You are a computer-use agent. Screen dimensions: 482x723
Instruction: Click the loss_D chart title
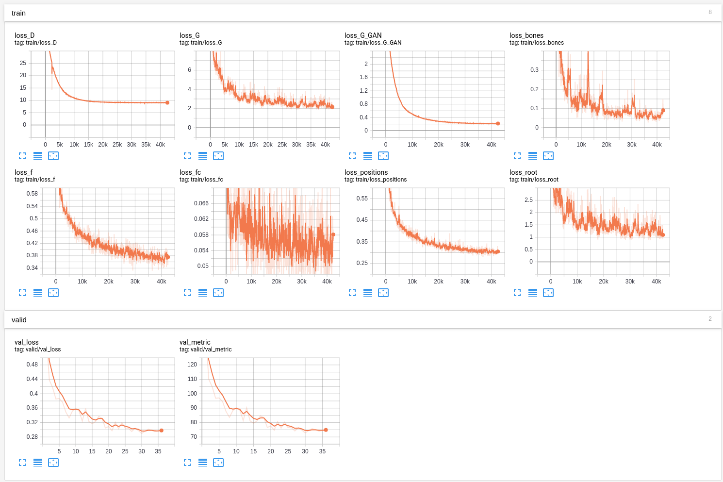click(x=25, y=35)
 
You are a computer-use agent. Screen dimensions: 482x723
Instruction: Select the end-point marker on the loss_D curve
click(x=167, y=102)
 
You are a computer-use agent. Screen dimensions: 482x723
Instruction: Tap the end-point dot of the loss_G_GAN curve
click(x=498, y=124)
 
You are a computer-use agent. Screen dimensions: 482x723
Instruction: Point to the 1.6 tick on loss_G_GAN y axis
click(x=364, y=77)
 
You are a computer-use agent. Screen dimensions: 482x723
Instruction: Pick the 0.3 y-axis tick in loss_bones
click(x=534, y=70)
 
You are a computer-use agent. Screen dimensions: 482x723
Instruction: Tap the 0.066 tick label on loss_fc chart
click(x=201, y=203)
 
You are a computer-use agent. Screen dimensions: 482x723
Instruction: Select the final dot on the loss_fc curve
click(x=333, y=234)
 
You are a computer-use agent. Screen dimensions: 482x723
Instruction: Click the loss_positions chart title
click(x=366, y=172)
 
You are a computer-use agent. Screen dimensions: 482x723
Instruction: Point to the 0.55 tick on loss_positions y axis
click(x=362, y=199)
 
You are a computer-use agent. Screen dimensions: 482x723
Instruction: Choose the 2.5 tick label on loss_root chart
click(x=528, y=200)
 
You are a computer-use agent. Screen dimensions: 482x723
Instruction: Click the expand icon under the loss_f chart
click(x=22, y=293)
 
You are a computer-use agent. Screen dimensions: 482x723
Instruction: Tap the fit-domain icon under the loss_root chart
click(x=548, y=293)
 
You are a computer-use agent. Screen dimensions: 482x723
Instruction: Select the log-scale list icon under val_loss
click(x=38, y=463)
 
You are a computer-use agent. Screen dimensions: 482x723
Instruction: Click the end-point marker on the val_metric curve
click(x=326, y=430)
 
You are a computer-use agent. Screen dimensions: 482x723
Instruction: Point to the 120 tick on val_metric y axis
click(x=192, y=365)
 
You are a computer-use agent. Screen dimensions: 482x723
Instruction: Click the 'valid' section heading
click(x=19, y=320)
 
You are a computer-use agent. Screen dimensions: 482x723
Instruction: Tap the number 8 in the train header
click(x=710, y=12)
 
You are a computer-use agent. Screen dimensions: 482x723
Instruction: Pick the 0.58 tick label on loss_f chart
click(x=32, y=194)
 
